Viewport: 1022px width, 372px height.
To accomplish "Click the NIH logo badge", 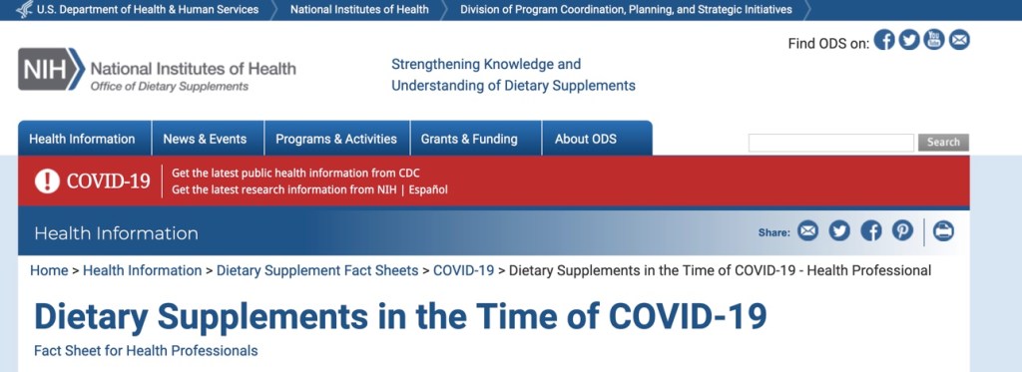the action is tap(52, 69).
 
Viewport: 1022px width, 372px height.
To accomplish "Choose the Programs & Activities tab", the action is tap(336, 139).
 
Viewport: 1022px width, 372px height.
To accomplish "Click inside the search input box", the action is tap(831, 143).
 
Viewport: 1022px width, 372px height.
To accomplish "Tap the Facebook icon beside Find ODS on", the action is tap(884, 40).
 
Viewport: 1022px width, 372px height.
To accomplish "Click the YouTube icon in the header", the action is tap(934, 40).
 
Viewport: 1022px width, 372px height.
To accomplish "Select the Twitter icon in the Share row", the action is tap(839, 230).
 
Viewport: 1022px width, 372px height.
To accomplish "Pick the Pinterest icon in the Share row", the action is tap(902, 230).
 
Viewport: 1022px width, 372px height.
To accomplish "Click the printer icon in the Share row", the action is tap(943, 230).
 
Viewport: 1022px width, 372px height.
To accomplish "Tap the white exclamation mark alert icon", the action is tap(47, 181).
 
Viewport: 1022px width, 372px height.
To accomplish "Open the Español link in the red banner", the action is tap(428, 190).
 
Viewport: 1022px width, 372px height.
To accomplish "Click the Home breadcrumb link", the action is tap(49, 270).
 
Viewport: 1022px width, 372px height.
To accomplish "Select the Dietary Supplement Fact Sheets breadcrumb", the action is tap(317, 270).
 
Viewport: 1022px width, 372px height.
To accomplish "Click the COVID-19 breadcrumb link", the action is tap(463, 270).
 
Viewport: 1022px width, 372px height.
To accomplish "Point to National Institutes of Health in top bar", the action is tap(359, 10).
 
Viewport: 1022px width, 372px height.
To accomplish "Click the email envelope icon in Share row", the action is tap(808, 230).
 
